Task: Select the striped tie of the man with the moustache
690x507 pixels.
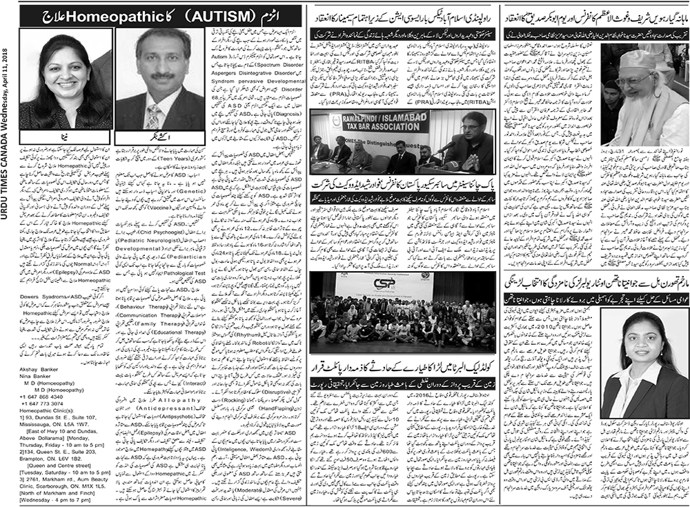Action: click(x=152, y=118)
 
